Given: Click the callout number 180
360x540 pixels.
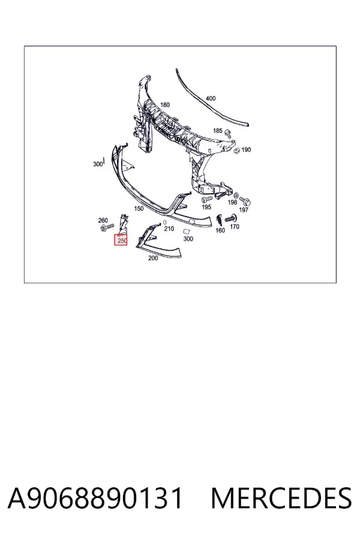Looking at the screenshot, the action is coord(165,104).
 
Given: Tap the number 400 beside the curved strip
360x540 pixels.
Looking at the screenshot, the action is coord(211,98).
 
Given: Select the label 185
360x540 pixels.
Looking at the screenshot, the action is coord(218,131).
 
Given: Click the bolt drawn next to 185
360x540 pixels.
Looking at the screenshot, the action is coord(227,133).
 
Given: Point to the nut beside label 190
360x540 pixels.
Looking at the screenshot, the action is coord(236,151).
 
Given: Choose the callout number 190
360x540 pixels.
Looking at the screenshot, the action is coord(246,150).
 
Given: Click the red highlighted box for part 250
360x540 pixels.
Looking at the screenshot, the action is coord(121,240).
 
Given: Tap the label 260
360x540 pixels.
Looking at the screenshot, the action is coord(103,220).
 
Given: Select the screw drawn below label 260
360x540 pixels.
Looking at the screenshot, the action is coord(107,227).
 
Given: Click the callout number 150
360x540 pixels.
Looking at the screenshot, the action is coord(139,208).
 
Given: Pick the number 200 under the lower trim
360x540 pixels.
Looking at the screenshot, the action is coord(153,258).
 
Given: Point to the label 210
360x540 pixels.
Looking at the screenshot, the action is coord(169,229).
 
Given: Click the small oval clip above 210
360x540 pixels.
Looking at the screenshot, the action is coord(165,223).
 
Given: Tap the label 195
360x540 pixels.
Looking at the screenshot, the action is coord(206,207).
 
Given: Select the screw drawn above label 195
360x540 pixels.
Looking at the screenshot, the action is coord(206,199).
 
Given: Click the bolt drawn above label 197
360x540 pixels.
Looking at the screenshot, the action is coord(245,201).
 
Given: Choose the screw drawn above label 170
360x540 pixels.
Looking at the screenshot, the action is coord(231,218).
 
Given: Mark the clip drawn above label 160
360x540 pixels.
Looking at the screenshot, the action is coord(220,220).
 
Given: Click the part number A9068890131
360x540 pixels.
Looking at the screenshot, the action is coord(95,499).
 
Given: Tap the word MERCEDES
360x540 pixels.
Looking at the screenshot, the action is coord(281,499).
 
